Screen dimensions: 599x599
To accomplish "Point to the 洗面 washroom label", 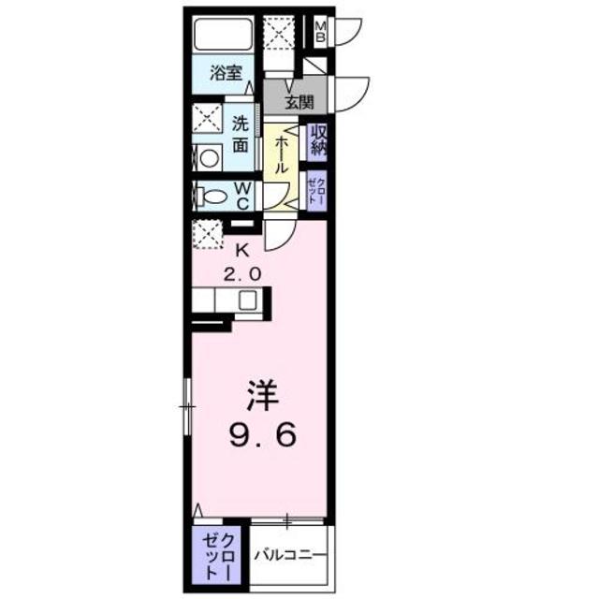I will coord(240,133).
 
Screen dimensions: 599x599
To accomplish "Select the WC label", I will coord(241,195).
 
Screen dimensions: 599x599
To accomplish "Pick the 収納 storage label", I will coord(317,141).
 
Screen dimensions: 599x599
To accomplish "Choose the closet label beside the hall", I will coord(314,192).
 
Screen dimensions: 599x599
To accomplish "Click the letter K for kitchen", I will coord(241,250).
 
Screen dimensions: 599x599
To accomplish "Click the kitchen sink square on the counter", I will coord(247,301).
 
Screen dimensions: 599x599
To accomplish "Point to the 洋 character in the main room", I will coord(260,399).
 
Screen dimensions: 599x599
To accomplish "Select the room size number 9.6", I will coord(260,434).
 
